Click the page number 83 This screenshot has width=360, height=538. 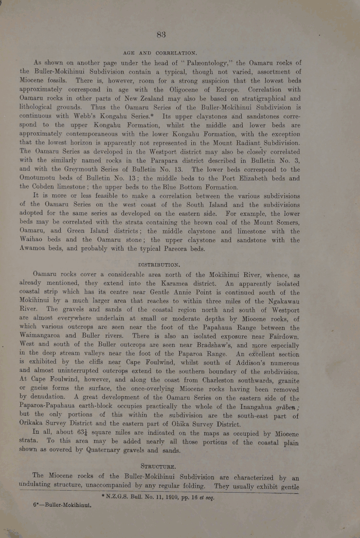point(161,35)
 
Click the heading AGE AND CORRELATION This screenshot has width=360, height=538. point(160,53)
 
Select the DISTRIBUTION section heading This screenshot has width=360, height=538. point(159,265)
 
